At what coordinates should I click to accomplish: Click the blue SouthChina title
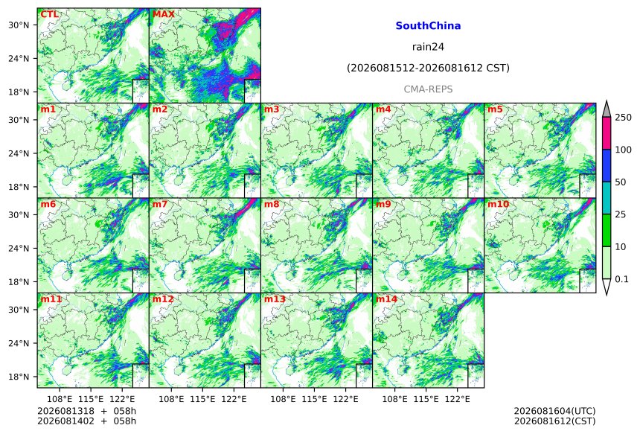point(428,26)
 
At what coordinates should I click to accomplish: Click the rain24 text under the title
point(428,47)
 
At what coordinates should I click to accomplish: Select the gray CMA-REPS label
point(428,89)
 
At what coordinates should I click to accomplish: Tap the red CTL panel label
point(49,14)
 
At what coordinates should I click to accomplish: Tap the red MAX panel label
point(163,14)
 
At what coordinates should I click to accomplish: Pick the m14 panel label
point(386,299)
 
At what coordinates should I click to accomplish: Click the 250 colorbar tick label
point(624,118)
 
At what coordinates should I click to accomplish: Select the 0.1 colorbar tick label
point(621,279)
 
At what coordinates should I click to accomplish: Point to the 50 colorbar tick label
point(621,182)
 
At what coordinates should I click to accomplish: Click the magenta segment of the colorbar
point(607,133)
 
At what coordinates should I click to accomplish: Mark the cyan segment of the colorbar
point(607,197)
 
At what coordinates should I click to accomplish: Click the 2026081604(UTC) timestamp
point(554,411)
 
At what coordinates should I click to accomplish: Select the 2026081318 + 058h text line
point(87,411)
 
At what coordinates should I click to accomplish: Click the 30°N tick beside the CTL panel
point(19,25)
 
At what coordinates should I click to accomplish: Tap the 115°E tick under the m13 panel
point(314,398)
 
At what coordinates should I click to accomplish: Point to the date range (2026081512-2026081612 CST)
point(428,68)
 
